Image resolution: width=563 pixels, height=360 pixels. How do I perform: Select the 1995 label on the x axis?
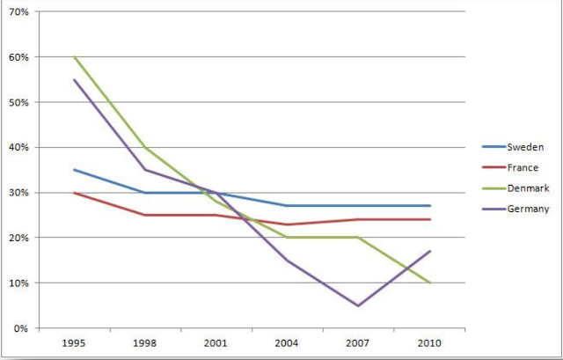tap(74, 343)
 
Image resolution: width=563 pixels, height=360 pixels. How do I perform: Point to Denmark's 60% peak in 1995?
tap(74, 57)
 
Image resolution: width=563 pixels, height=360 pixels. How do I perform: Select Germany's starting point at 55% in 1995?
tap(74, 79)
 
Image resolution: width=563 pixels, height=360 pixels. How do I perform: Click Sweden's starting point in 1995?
tap(74, 170)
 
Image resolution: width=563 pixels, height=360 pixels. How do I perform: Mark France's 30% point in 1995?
tap(74, 193)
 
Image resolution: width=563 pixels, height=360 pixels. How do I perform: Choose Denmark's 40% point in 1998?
tap(146, 147)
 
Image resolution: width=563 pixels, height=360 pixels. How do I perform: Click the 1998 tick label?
tap(146, 343)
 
